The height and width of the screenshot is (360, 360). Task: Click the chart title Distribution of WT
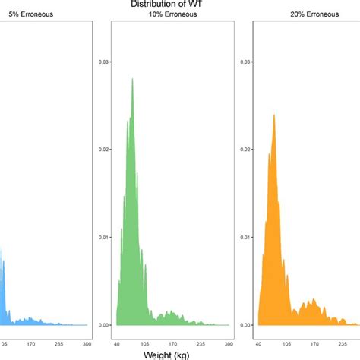click(179, 4)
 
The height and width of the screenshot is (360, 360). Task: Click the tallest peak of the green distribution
click(133, 79)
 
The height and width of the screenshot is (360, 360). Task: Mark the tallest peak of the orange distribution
click(274, 115)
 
